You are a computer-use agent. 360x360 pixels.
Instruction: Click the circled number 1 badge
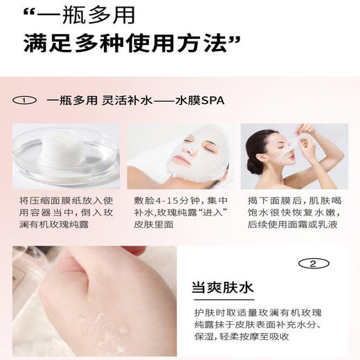tap(26, 100)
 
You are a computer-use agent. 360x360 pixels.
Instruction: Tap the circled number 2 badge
tap(313, 264)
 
